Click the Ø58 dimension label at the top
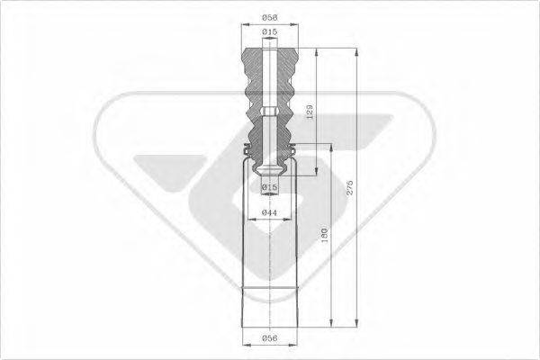click(x=269, y=16)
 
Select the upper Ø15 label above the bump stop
click(x=269, y=32)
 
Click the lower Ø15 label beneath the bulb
click(x=269, y=187)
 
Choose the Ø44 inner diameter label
click(x=269, y=212)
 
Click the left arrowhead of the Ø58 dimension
click(x=245, y=25)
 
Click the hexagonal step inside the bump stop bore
click(x=269, y=113)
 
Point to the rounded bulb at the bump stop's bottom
click(x=269, y=173)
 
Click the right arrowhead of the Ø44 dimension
click(x=289, y=219)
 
